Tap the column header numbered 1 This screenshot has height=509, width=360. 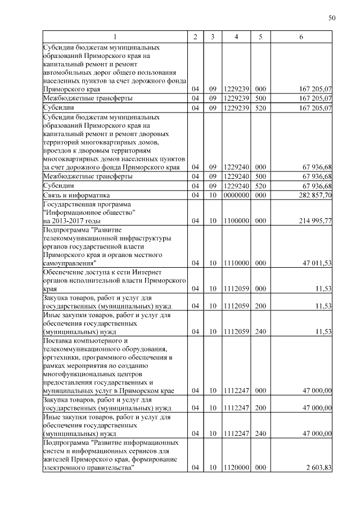coord(115,37)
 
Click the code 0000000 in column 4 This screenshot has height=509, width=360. coord(236,195)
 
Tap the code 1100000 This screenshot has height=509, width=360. coord(236,221)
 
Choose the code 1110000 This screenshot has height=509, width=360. coord(236,263)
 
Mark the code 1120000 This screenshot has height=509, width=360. coord(236,467)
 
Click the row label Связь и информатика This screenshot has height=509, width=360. coord(78,195)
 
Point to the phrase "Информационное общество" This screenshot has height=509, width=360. coord(89,213)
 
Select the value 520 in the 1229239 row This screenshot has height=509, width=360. coord(260,107)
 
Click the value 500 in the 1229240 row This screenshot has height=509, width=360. coord(260,177)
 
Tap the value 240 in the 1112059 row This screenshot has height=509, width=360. coord(260,331)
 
